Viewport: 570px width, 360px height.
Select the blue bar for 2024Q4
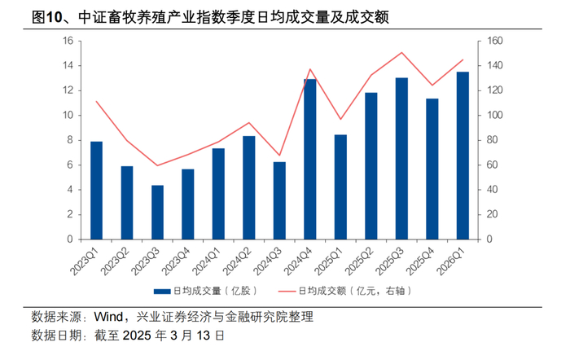tap(310, 160)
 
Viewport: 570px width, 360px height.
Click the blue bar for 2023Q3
tap(157, 213)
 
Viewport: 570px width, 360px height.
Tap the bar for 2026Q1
tap(463, 156)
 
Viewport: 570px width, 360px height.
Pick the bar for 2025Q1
tap(340, 187)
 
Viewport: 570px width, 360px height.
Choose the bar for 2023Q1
tap(96, 191)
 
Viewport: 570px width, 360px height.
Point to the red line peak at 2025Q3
tap(401, 52)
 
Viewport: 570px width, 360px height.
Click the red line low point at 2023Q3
tap(157, 165)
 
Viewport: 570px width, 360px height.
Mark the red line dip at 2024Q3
tap(279, 156)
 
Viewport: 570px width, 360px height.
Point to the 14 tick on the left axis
tap(68, 65)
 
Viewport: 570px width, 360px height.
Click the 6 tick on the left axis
tap(70, 165)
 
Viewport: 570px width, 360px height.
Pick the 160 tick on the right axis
tap(495, 41)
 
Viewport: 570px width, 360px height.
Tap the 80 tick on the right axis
tap(492, 140)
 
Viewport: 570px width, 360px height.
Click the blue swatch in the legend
tap(162, 292)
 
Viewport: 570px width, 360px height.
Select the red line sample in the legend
tap(287, 292)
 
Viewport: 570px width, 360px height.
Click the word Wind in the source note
tap(108, 317)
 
